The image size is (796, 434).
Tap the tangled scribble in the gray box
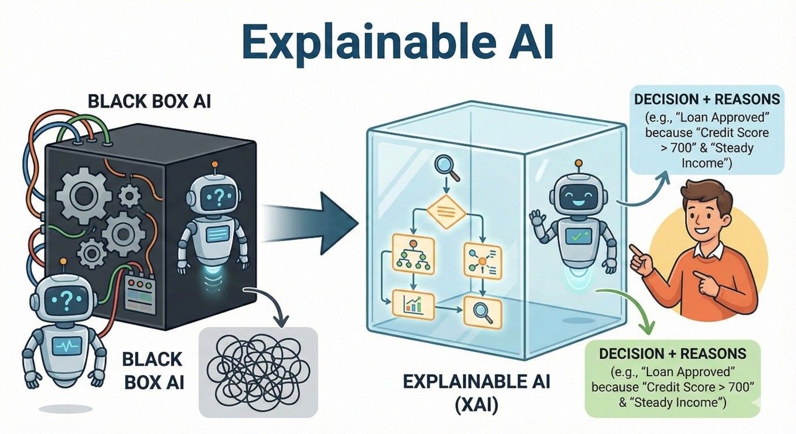tap(258, 371)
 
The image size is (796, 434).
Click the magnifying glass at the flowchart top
tap(445, 169)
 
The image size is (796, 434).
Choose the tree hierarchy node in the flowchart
tap(412, 254)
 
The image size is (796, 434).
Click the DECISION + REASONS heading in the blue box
tap(706, 100)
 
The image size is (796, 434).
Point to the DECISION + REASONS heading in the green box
tap(672, 353)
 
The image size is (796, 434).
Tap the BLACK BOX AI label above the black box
tap(149, 102)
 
